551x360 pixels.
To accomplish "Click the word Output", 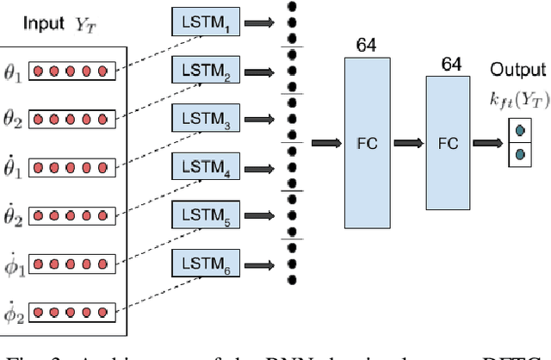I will click(514, 70).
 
